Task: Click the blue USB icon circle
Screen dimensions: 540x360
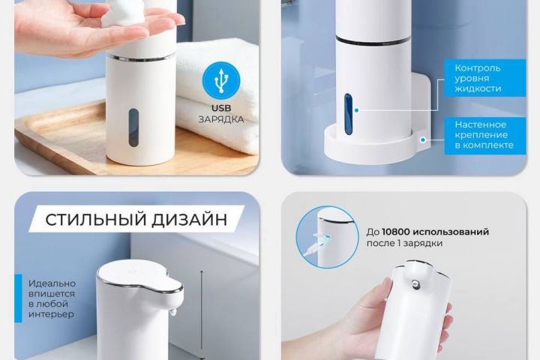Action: pos(221,80)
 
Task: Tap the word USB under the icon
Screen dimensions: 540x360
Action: pos(221,108)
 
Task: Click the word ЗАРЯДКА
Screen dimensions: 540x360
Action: pos(221,119)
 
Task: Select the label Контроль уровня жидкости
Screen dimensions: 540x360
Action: pos(478,78)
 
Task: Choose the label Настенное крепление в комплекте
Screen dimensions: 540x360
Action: pos(484,135)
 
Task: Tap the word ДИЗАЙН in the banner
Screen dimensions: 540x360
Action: pos(190,220)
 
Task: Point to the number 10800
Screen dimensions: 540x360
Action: pos(395,232)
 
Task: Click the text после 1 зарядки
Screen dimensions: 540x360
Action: pos(404,243)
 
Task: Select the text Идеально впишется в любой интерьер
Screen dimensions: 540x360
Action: pos(52,298)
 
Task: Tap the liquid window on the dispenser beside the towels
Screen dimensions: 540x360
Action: pos(133,127)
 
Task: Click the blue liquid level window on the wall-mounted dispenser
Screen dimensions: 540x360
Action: pos(349,114)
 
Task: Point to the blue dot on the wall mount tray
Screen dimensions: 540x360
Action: pos(423,139)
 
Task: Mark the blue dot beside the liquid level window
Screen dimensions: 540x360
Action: pos(357,110)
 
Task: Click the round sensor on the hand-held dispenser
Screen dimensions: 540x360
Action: pos(415,284)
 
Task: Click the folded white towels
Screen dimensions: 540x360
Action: pos(217,97)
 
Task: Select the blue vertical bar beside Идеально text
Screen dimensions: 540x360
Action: pos(18,298)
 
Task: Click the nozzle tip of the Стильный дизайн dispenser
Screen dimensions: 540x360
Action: pos(172,313)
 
